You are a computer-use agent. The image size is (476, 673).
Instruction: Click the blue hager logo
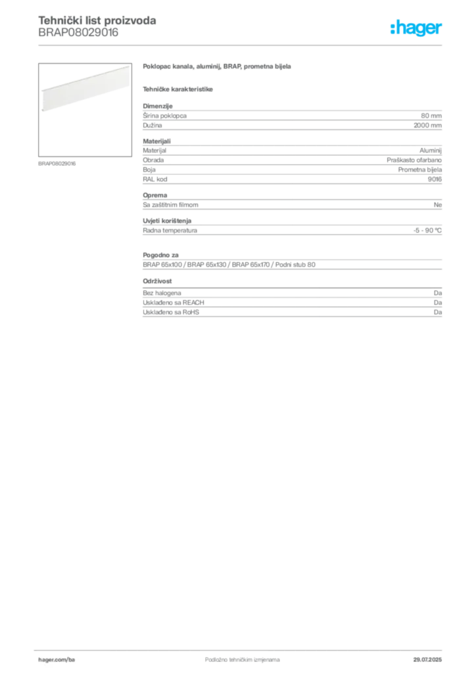click(417, 29)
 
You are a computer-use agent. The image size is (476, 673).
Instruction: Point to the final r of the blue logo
click(441, 30)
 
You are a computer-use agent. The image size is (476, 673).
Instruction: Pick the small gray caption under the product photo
click(58, 164)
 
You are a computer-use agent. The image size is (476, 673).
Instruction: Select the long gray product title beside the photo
click(217, 68)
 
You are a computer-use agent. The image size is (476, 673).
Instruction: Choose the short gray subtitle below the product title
click(178, 89)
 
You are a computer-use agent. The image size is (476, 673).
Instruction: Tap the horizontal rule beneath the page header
click(283, 45)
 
